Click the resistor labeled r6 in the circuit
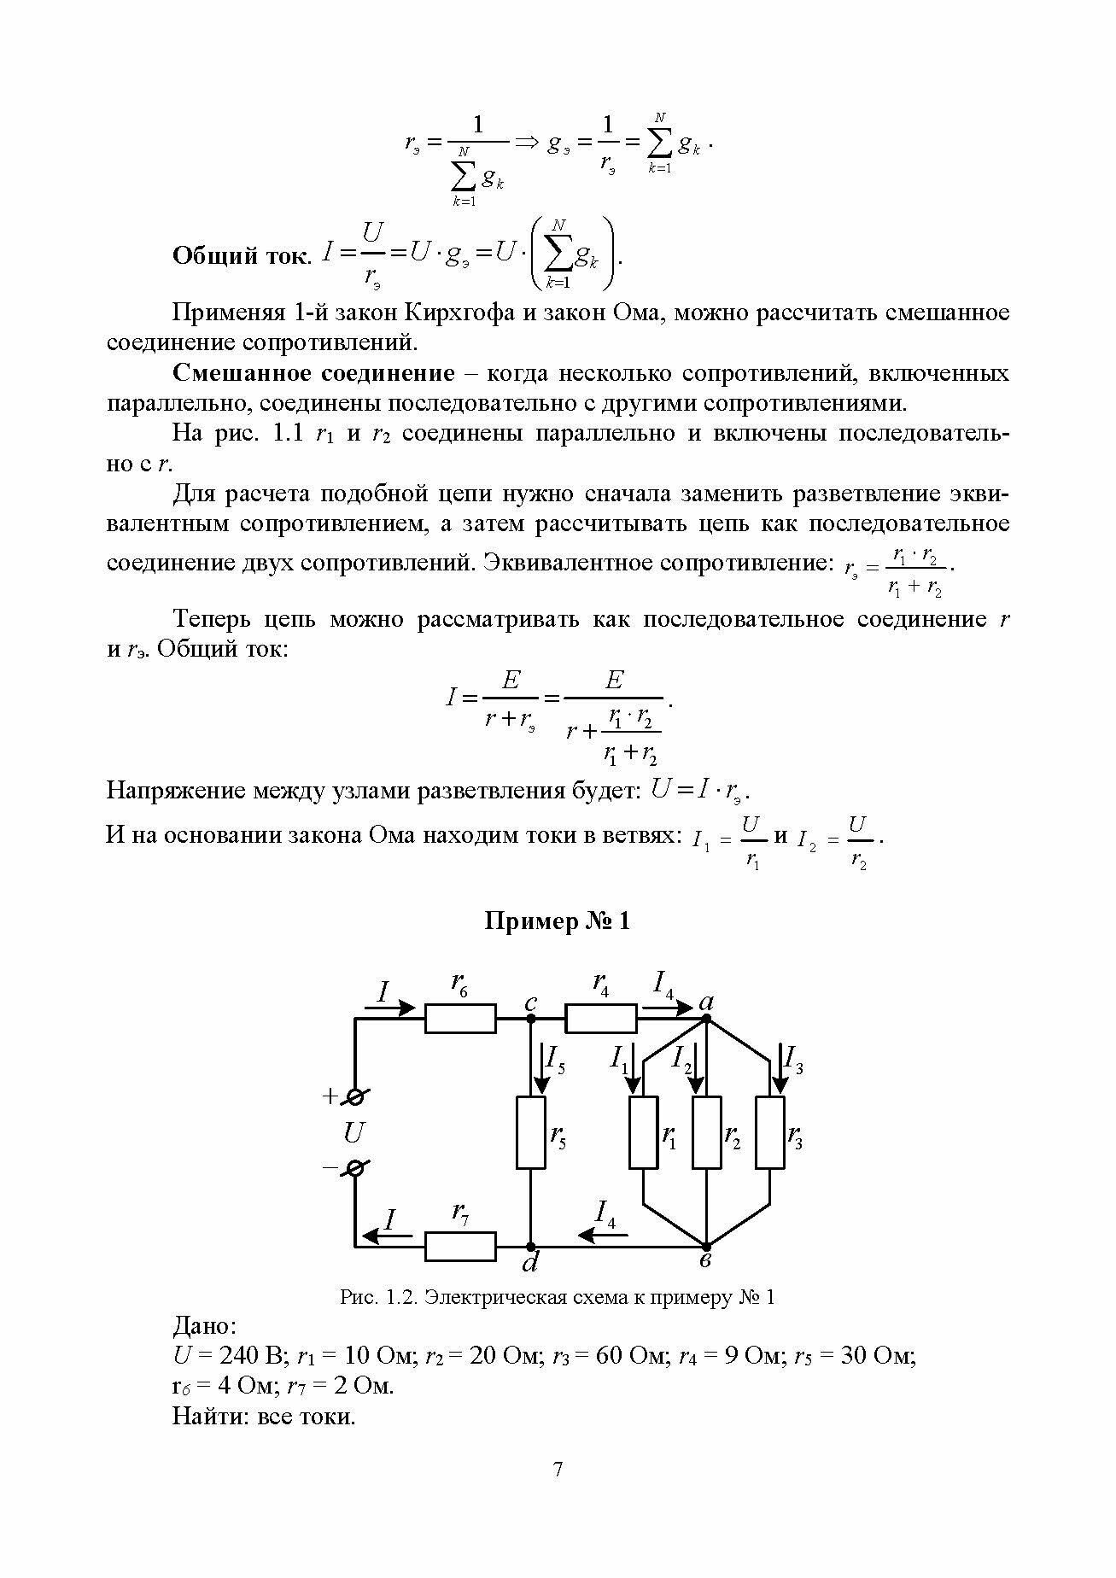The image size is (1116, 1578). coord(460,1018)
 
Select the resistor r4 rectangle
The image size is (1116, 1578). coord(601,1018)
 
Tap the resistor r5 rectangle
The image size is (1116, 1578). coord(530,1132)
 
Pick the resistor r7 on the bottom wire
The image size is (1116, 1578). coord(460,1247)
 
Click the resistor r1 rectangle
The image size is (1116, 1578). coord(644,1132)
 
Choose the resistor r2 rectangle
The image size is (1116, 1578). coord(707,1132)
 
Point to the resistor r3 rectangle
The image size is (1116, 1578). coord(770,1132)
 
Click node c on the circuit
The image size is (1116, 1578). coord(530,1018)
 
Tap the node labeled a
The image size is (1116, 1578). coord(707,1018)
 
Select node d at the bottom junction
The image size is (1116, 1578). coord(530,1247)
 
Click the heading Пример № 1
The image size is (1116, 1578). coord(558,921)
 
